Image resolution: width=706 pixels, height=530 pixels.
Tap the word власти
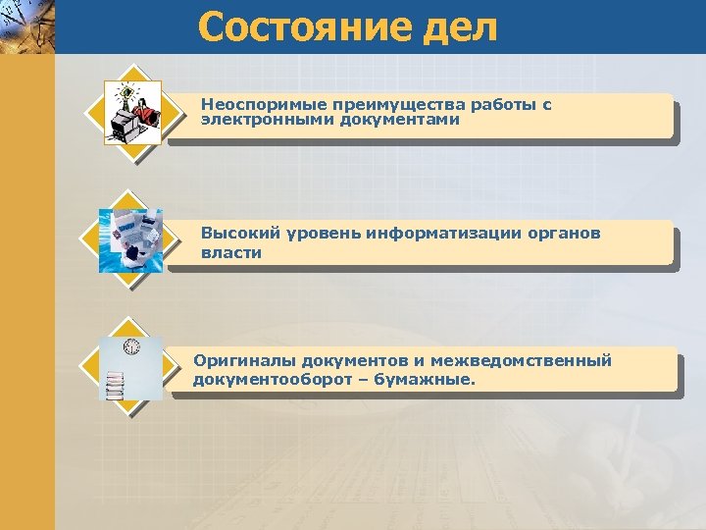[x=231, y=252]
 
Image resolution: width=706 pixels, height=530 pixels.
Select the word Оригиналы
[x=241, y=361]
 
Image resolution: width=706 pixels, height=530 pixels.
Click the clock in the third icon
[x=131, y=346]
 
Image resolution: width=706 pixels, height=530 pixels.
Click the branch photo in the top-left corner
[x=26, y=26]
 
